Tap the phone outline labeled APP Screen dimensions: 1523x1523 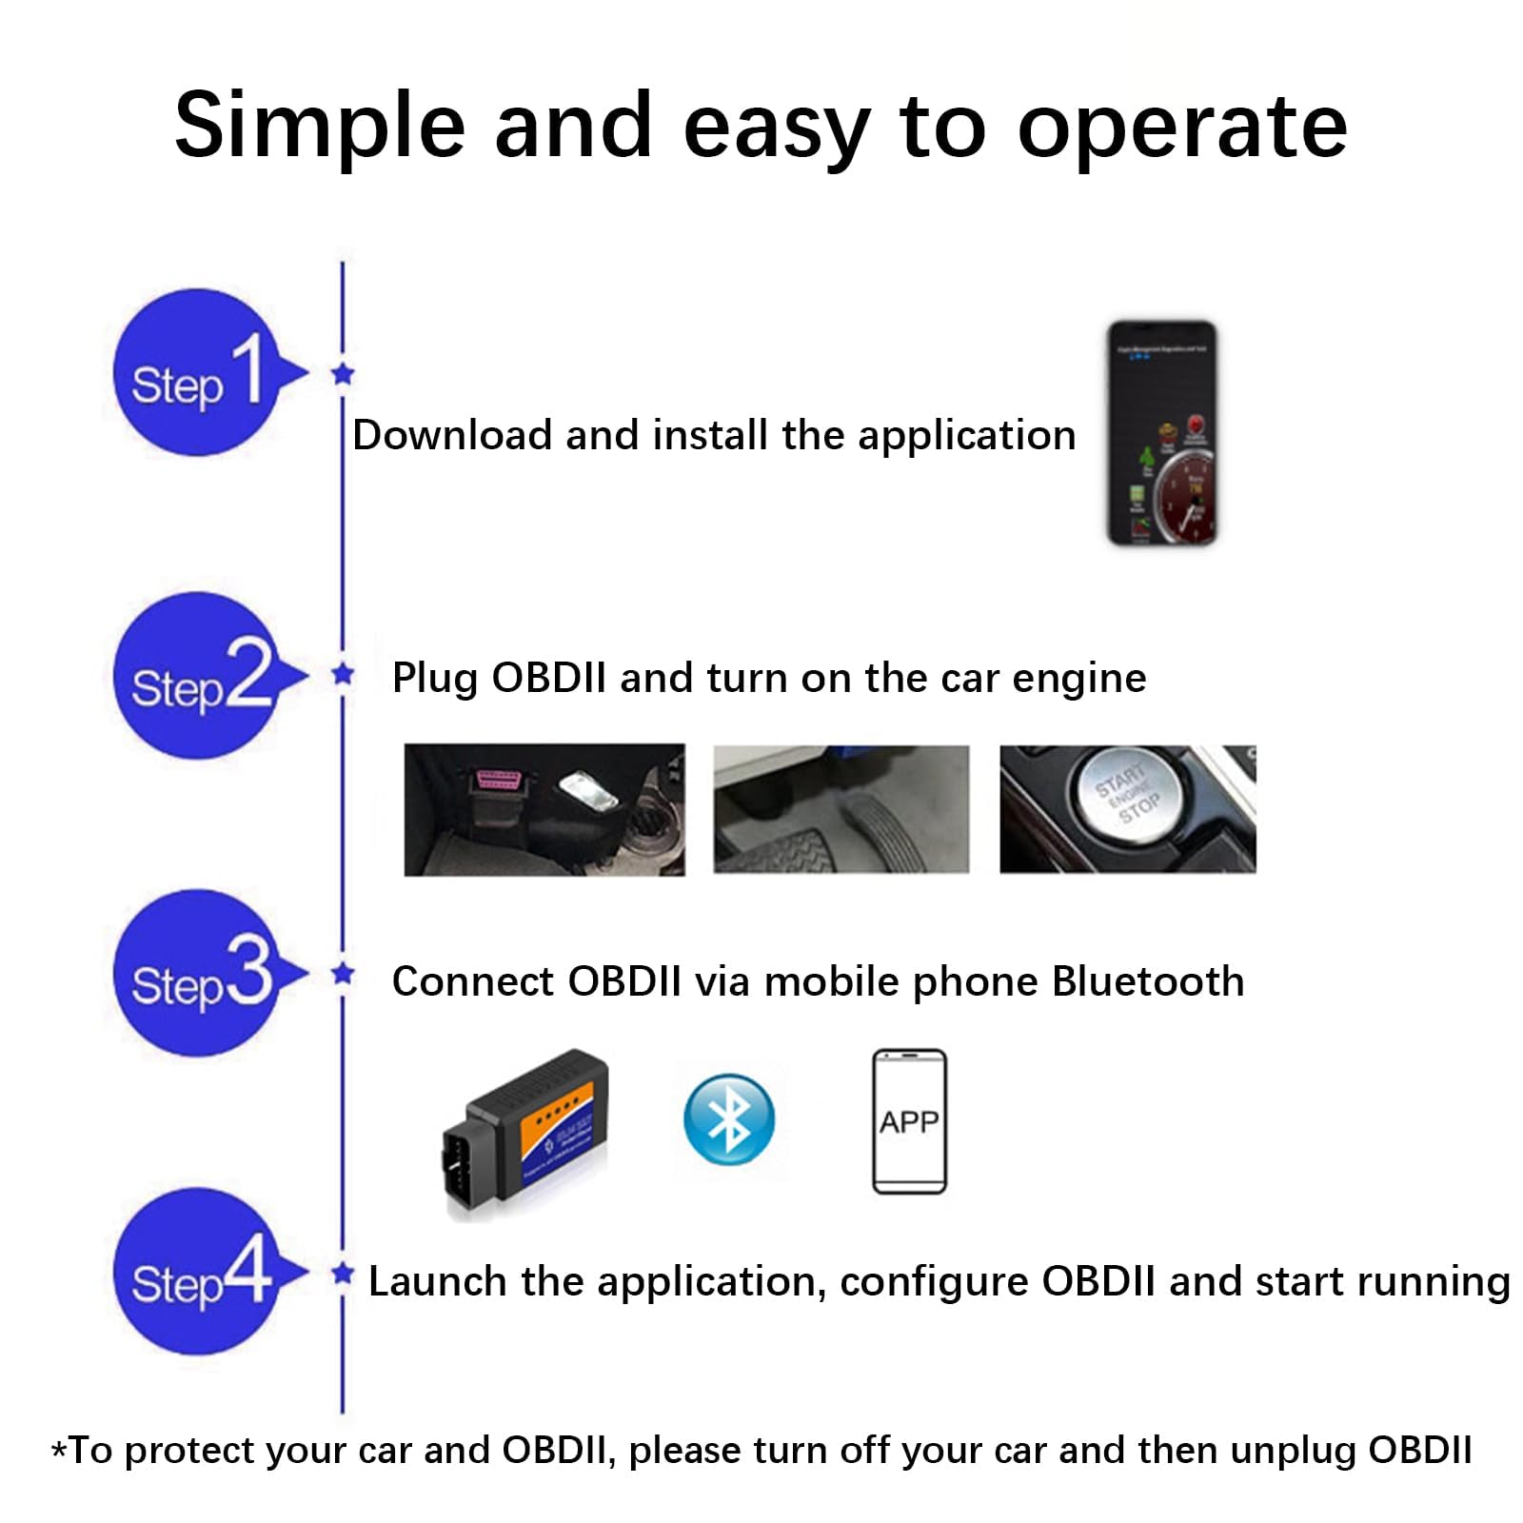pyautogui.click(x=909, y=1121)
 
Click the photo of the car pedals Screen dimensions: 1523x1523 pyautogui.click(x=841, y=809)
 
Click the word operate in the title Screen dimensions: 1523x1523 pyautogui.click(x=1182, y=127)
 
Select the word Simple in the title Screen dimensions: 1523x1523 pyautogui.click(x=320, y=127)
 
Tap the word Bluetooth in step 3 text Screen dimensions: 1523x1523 pyautogui.click(x=1148, y=981)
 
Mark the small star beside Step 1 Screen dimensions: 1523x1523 pyautogui.click(x=344, y=374)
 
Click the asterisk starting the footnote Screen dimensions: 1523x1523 pyautogui.click(x=59, y=1451)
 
